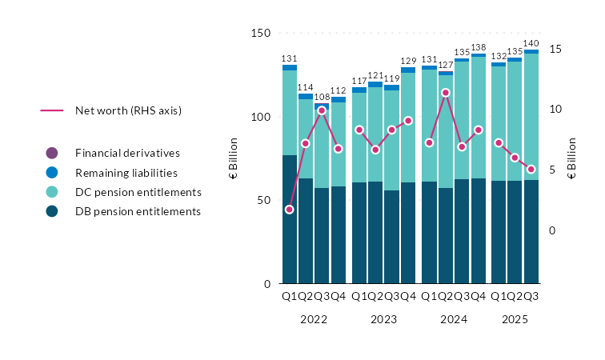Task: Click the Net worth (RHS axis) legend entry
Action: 128,110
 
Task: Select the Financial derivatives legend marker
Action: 52,153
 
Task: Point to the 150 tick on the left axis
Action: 261,34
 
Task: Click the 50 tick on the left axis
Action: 264,200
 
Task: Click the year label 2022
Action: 313,319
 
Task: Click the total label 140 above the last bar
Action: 531,43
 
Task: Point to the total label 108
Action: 322,97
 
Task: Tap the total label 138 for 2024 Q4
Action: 479,47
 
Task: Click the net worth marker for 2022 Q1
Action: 289,210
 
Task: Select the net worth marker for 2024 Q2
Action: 446,93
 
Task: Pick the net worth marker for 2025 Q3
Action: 531,170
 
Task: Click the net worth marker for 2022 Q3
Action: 322,110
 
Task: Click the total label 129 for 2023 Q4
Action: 409,62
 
